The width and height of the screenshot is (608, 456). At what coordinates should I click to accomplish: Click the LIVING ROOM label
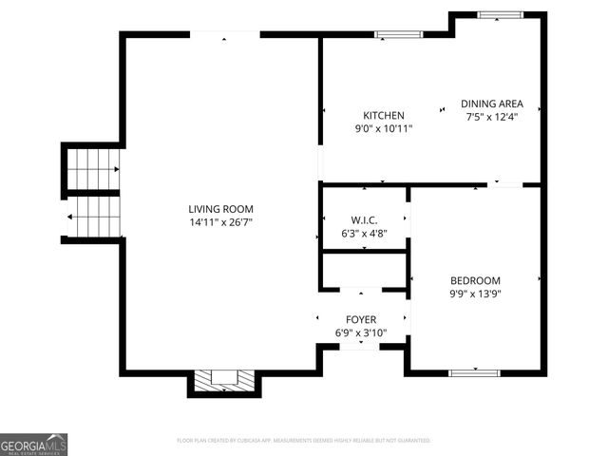coord(220,209)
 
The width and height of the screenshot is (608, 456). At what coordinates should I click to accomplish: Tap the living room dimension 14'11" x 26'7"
coord(220,222)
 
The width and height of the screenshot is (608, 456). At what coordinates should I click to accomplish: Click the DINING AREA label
coord(491,104)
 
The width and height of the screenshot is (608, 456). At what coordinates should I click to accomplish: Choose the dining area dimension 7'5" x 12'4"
coord(491,117)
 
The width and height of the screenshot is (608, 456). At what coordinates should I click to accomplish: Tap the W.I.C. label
coord(364,220)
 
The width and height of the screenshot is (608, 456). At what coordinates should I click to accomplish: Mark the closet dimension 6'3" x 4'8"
coord(364,234)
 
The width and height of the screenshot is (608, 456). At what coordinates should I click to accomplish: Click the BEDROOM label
coord(475,281)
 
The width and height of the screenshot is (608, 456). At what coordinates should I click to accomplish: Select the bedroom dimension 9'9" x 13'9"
coord(475,294)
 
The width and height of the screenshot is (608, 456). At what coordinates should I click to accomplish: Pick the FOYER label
coord(361,320)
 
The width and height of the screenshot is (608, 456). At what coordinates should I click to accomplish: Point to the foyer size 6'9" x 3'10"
coord(361,333)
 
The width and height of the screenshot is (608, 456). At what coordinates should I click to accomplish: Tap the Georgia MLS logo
coord(34,445)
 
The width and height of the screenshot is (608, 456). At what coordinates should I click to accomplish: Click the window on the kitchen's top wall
coord(397,35)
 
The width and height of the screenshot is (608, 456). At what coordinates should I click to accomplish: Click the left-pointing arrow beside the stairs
coord(72,217)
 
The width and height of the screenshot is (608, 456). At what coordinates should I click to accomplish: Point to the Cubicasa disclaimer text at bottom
coord(303,441)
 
